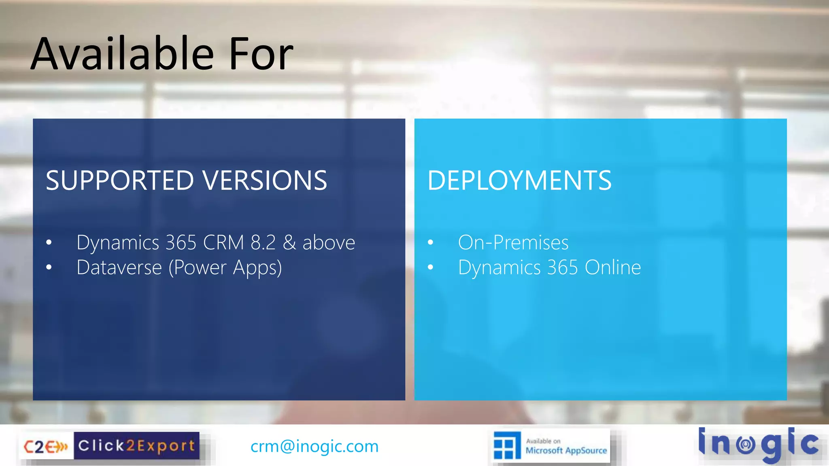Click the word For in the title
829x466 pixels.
pyautogui.click(x=261, y=53)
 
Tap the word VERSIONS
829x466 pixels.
pyautogui.click(x=265, y=180)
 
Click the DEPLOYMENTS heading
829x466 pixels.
pyautogui.click(x=519, y=180)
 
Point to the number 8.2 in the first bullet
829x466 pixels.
pyautogui.click(x=263, y=243)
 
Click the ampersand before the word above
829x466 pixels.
pyautogui.click(x=289, y=243)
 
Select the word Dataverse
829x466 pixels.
pyautogui.click(x=119, y=267)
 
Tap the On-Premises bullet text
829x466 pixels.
pyautogui.click(x=513, y=243)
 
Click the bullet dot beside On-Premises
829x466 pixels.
pyautogui.click(x=430, y=243)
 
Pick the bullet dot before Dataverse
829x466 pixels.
pyautogui.click(x=49, y=267)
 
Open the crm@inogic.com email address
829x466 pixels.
pyautogui.click(x=315, y=446)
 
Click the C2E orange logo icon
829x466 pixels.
pyautogui.click(x=46, y=447)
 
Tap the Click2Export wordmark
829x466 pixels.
pyautogui.click(x=136, y=446)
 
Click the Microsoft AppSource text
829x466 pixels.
pyautogui.click(x=566, y=450)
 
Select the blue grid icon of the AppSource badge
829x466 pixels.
pyautogui.click(x=506, y=446)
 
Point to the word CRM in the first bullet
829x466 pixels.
pyautogui.click(x=223, y=243)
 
